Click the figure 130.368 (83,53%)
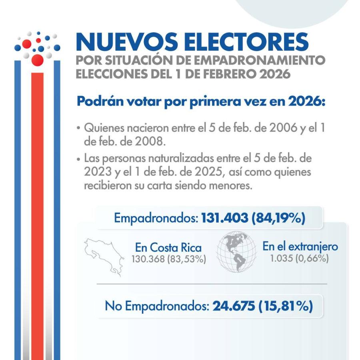168,259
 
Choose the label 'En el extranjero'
300,246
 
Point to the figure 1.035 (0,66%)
299,258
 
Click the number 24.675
234,306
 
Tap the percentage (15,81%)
286,306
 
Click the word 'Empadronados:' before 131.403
156,218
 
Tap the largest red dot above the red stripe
37,60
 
